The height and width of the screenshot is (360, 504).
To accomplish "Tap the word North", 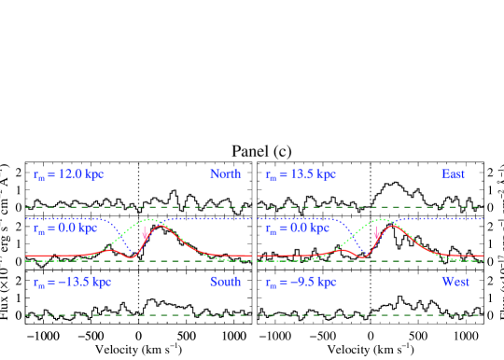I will tap(225, 174).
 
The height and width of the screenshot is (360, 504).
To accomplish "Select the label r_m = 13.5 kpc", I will tap(301, 174).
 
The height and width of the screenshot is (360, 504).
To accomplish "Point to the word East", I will tap(454, 174).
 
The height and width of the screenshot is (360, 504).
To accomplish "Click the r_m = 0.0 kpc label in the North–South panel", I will tap(64, 228).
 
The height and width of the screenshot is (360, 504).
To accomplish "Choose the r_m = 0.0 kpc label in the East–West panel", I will tap(297, 228).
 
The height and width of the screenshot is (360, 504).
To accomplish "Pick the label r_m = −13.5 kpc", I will tap(72, 282).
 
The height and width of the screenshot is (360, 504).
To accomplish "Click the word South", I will tap(225, 282).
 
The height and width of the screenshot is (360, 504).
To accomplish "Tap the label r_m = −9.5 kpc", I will tap(301, 282).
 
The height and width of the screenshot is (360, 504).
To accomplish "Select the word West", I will tap(455, 282).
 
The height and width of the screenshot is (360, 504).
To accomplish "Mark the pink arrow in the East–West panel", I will tap(377, 235).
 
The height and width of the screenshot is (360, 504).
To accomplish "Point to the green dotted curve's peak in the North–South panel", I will tap(148, 220).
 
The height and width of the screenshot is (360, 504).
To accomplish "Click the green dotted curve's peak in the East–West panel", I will tap(381, 220).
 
